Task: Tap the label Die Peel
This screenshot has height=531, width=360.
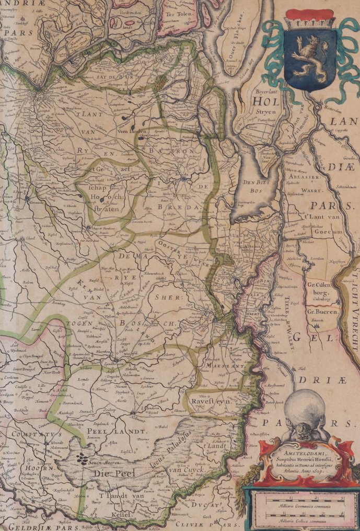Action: click(x=109, y=472)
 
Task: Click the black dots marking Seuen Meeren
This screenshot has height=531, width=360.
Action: click(x=83, y=459)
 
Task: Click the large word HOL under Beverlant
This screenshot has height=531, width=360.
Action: click(x=266, y=101)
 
